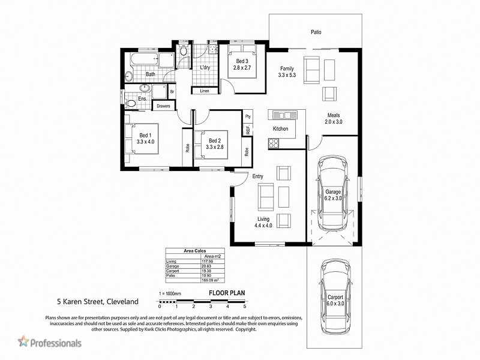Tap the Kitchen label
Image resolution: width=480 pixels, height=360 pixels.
point(281,129)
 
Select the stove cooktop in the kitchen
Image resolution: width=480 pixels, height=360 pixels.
point(274,143)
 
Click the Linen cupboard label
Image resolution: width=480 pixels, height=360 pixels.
point(204,91)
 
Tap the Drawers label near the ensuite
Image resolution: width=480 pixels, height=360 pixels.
point(164,106)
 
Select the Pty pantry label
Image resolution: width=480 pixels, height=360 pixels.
point(247,115)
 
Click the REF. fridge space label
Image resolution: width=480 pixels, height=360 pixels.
point(247,128)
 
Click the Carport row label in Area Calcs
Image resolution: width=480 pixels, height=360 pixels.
point(173,271)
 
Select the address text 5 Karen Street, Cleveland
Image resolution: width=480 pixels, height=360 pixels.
point(97,302)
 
